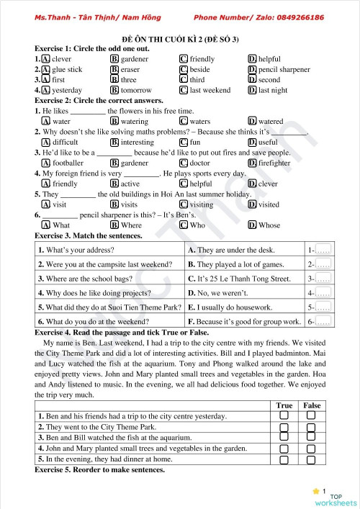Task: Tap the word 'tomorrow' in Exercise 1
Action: tap(136, 91)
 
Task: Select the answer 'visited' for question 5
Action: tap(269, 204)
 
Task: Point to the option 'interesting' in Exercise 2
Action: tap(137, 143)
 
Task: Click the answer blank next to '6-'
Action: tap(323, 321)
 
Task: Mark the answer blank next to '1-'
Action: tap(323, 250)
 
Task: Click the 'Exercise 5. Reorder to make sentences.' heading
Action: tap(99, 470)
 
